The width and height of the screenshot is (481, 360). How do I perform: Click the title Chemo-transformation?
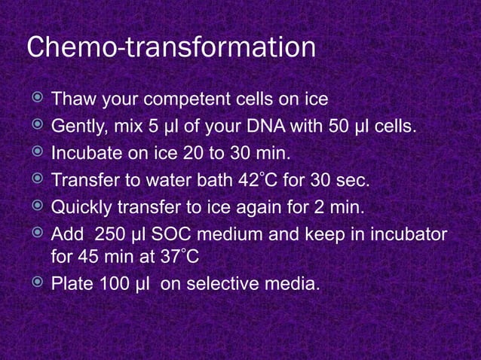click(171, 47)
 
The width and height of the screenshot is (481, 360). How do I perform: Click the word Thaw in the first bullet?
click(70, 99)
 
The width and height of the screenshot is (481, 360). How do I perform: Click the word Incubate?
click(83, 154)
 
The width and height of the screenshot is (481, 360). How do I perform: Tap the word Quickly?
click(78, 208)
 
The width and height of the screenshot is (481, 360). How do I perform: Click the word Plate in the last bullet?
click(70, 285)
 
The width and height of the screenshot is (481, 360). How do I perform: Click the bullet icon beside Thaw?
click(35, 99)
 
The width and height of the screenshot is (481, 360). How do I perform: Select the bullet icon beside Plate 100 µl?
click(35, 284)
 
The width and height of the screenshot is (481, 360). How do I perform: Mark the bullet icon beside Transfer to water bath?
click(35, 180)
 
